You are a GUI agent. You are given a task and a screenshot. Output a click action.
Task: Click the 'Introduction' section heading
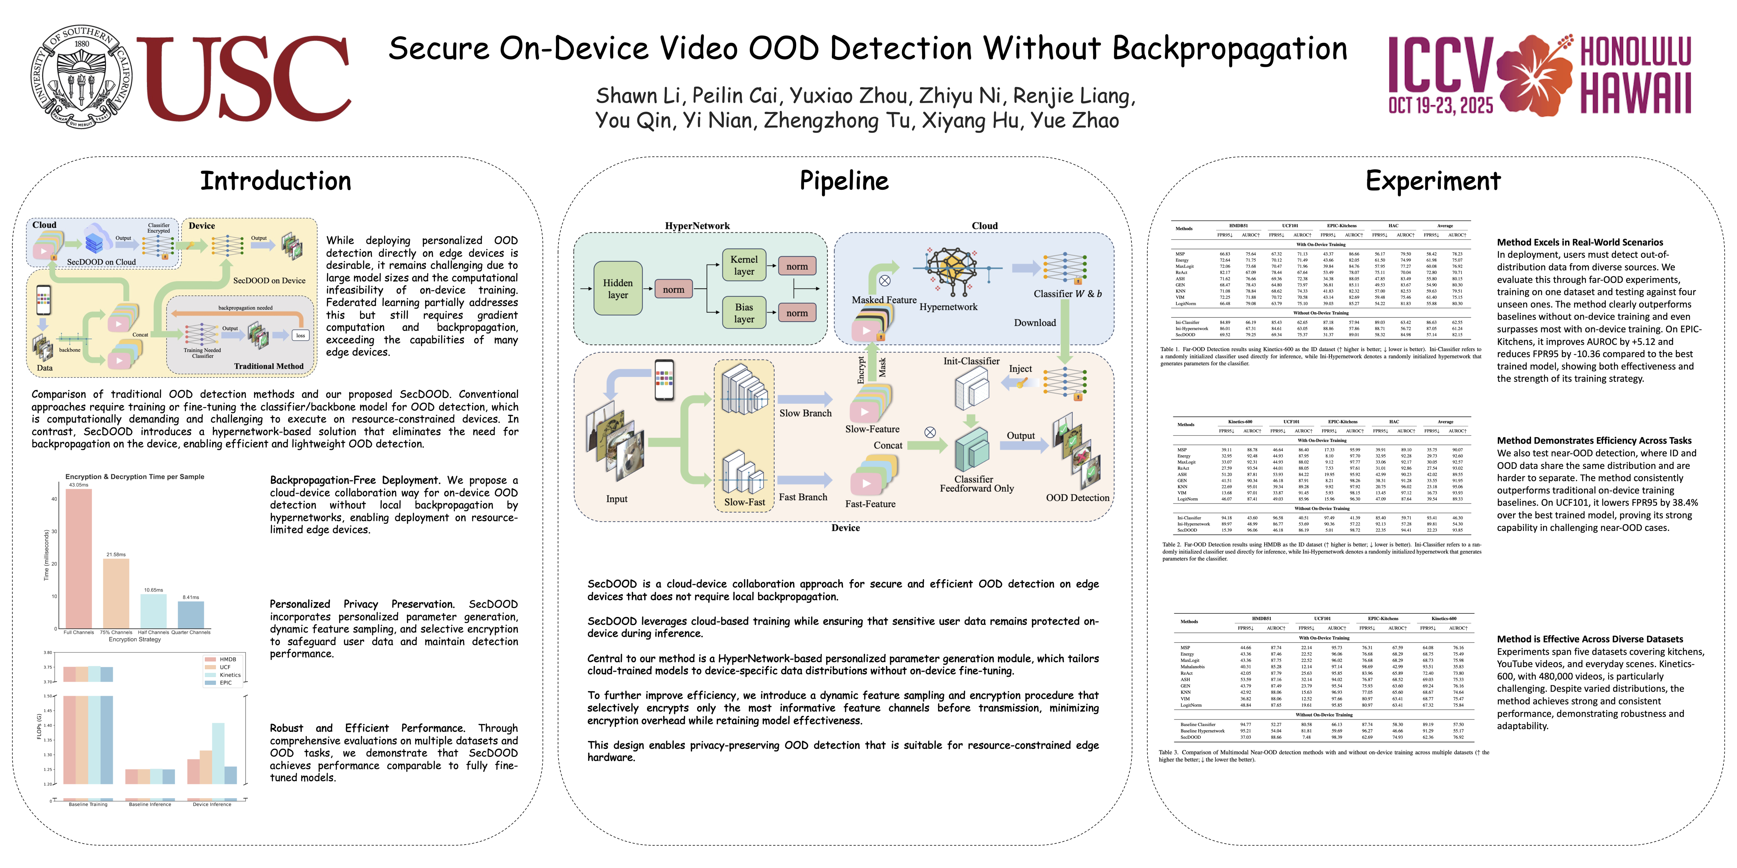coord(276,181)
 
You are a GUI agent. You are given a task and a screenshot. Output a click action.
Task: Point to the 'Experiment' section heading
coord(1433,181)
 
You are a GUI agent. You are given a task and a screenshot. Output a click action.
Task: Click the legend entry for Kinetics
coord(229,675)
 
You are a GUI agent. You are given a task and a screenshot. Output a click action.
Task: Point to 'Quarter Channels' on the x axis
coord(191,632)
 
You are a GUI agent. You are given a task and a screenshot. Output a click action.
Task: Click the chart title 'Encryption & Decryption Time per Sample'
coord(135,476)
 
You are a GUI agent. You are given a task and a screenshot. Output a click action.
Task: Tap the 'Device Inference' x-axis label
coord(212,804)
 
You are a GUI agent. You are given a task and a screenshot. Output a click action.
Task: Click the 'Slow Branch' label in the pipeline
coord(805,413)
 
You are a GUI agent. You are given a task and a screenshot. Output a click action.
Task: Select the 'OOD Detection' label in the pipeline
coord(1077,497)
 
